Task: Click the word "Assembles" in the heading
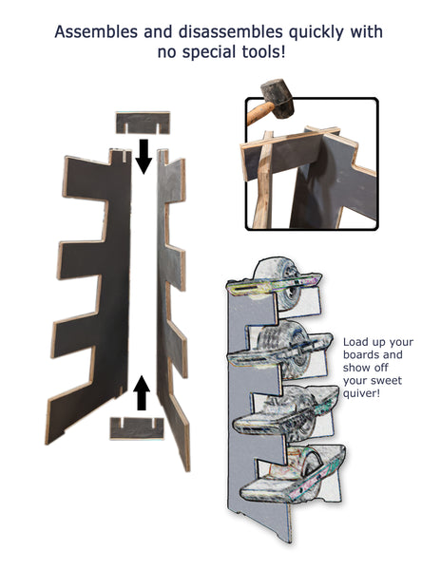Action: pyautogui.click(x=96, y=32)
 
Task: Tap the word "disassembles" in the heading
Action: pyautogui.click(x=231, y=32)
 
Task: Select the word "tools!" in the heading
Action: pyautogui.click(x=263, y=51)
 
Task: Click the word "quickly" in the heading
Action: pyautogui.click(x=316, y=32)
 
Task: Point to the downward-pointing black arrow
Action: pyautogui.click(x=144, y=157)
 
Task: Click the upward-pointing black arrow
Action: pyautogui.click(x=141, y=392)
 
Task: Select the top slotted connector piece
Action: pyautogui.click(x=143, y=123)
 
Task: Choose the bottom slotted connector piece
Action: pyautogui.click(x=137, y=428)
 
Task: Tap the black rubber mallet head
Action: pyautogui.click(x=277, y=98)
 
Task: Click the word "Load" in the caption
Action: pyautogui.click(x=354, y=342)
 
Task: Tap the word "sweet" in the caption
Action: pyautogui.click(x=388, y=381)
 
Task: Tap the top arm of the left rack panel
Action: pyautogui.click(x=87, y=179)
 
